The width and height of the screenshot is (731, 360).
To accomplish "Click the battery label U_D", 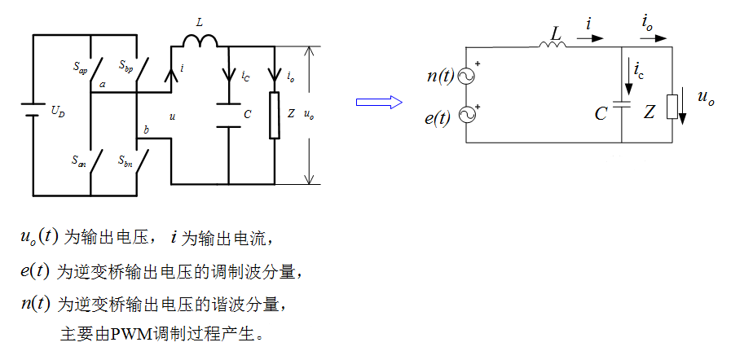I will pos(57,112).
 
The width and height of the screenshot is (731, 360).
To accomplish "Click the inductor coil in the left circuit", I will pos(200,41).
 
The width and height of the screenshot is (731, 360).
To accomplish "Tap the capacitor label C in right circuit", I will pos(601,114).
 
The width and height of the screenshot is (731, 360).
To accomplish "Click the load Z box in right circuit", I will pos(672,107).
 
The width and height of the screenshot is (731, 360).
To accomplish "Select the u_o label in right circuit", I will pos(705,98).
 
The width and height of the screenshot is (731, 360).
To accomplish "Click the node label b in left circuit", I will pos(145,130).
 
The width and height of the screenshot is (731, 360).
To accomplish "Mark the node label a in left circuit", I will pos(102,84).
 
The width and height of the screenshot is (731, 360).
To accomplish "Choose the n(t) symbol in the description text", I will pos(36,303).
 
